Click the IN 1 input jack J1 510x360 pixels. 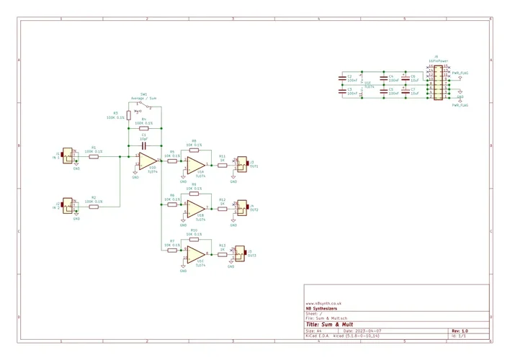68,156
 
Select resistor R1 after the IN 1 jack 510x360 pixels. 94,156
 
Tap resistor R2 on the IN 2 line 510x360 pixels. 94,207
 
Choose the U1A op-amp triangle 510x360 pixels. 194,165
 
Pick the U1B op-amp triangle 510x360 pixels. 194,208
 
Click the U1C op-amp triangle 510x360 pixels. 194,253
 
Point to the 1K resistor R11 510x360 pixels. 223,165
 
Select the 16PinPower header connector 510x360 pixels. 436,82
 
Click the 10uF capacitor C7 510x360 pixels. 406,92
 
